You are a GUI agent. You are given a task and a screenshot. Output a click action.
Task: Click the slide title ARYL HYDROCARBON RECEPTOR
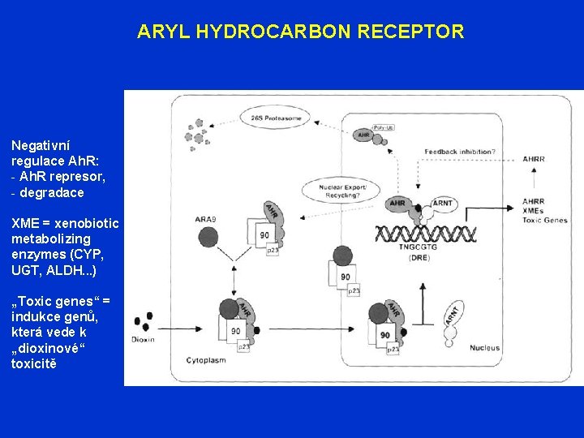(x=300, y=32)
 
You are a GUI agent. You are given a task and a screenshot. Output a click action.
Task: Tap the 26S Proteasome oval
(x=276, y=118)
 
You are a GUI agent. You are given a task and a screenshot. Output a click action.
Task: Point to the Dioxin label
(x=143, y=339)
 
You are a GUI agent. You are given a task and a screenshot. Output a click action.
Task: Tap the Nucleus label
(x=484, y=348)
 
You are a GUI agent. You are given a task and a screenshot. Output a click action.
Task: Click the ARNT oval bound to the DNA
(x=443, y=203)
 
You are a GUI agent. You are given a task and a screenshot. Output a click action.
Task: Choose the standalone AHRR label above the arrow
(x=534, y=160)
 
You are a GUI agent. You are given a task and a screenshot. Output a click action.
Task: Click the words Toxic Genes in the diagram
(x=545, y=220)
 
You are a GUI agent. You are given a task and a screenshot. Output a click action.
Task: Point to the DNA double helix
(x=425, y=234)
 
